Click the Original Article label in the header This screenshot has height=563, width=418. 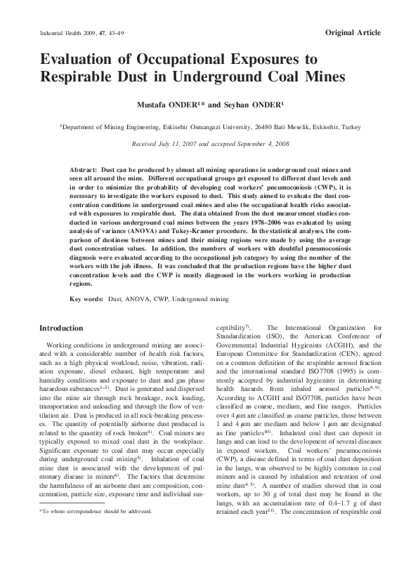(353, 33)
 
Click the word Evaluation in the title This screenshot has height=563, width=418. (84, 60)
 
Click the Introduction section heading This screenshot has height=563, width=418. (60, 328)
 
